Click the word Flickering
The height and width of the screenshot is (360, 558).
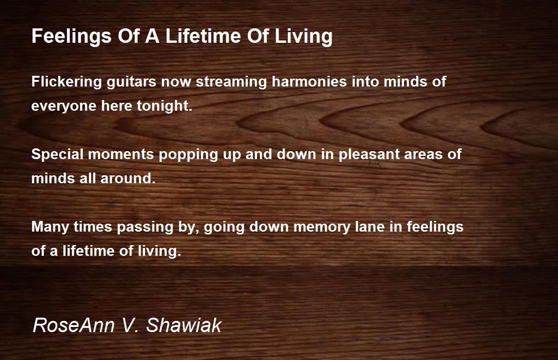66,82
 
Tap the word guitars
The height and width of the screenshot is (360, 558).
131,82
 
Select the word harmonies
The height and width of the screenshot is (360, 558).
309,81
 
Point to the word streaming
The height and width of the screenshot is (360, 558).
231,82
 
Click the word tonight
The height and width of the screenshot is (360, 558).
165,106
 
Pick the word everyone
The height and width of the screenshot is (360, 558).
64,107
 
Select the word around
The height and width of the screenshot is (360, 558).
128,179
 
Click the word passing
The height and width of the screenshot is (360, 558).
145,228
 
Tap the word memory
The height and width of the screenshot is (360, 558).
322,228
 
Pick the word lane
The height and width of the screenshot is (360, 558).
370,227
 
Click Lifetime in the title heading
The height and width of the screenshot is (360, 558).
203,36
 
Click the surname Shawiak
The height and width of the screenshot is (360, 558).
184,325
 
